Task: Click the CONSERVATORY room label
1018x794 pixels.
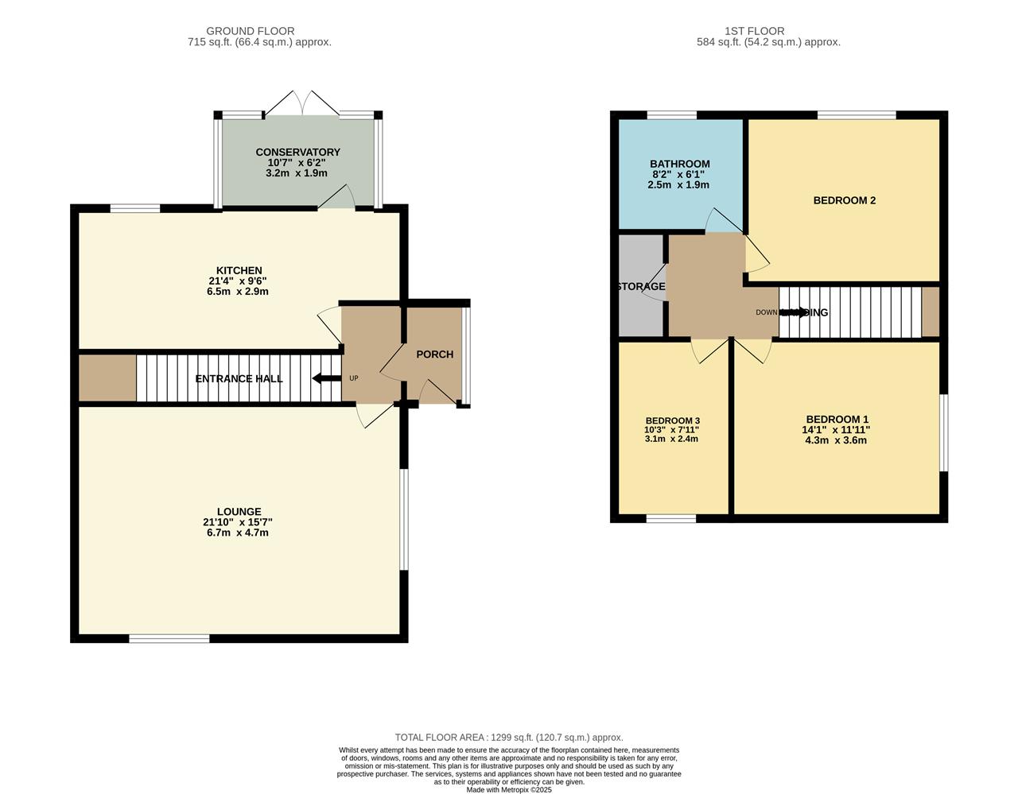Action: tap(297, 152)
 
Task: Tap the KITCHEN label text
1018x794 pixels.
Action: tap(239, 270)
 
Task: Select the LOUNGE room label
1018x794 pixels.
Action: tap(239, 512)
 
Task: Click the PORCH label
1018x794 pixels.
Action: tap(434, 354)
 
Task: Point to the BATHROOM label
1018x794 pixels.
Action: tap(679, 164)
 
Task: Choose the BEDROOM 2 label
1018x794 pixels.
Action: tap(844, 200)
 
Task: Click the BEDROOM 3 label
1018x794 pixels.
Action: tap(672, 420)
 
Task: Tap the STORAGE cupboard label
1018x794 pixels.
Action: tap(641, 287)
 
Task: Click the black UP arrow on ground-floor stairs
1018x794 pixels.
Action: tap(326, 378)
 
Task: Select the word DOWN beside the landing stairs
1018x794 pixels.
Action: tap(766, 312)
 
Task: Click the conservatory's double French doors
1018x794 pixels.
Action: tap(301, 104)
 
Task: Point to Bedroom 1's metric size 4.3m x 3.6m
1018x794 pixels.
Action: tap(837, 440)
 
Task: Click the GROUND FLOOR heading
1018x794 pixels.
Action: tap(250, 31)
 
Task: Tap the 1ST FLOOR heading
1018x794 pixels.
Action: tap(744, 31)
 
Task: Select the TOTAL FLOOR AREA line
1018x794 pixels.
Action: tap(509, 738)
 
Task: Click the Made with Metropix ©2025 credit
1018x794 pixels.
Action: tap(509, 789)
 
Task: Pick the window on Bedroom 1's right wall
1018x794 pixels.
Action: tap(943, 432)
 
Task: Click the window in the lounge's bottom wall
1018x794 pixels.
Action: tap(169, 638)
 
